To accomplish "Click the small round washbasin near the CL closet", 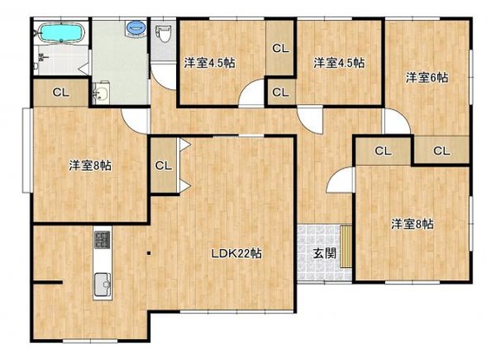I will point(101,93).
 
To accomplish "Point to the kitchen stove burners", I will point(101,239).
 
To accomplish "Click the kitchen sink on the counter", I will point(101,280).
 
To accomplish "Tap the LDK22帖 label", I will point(238,254).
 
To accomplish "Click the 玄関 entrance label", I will point(324,253).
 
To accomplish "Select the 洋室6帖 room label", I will point(427,77).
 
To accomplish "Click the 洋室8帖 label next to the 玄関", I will point(412,224).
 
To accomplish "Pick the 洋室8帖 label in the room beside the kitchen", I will point(90,165).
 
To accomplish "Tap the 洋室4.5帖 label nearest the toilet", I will point(209,62).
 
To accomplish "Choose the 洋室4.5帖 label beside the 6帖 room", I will point(338,62).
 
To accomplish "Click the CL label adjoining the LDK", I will point(162,165).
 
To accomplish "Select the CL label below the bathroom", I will point(61,92).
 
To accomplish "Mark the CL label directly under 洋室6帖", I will point(441,151).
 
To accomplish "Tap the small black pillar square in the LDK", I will point(148,254).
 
